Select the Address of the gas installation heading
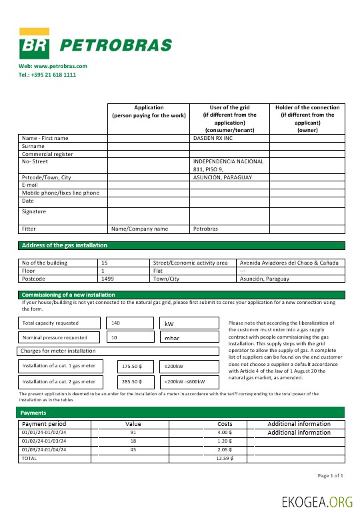(x=64, y=245)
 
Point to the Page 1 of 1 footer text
(x=329, y=475)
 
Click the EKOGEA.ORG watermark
(x=317, y=501)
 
